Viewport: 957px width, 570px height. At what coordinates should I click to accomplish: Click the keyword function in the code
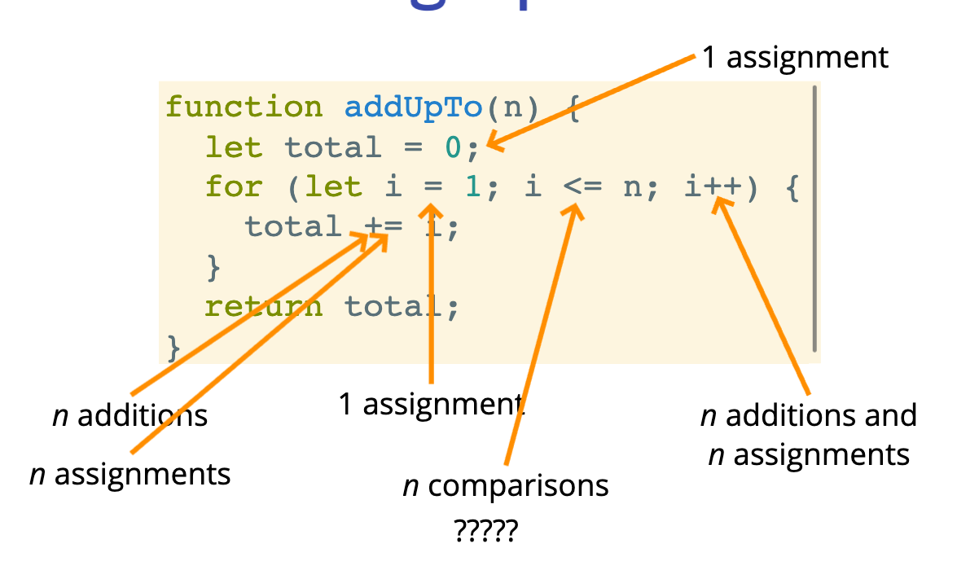pyautogui.click(x=244, y=108)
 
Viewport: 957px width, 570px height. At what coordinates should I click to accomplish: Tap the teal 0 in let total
pyautogui.click(x=453, y=147)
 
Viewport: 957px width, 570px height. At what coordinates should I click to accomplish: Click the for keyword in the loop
pyautogui.click(x=234, y=187)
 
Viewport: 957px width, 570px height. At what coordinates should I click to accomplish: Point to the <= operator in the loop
pyautogui.click(x=582, y=187)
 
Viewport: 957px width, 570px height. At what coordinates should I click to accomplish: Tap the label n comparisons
pyautogui.click(x=506, y=486)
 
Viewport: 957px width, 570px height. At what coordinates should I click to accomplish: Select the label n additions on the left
pyautogui.click(x=130, y=416)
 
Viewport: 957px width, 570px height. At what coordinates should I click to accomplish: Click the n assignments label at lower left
pyautogui.click(x=130, y=473)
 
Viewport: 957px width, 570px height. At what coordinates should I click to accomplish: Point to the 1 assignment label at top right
pyautogui.click(x=795, y=58)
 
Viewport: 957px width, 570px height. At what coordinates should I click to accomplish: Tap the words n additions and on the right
pyautogui.click(x=808, y=416)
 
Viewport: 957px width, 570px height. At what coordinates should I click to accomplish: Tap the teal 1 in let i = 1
pyautogui.click(x=472, y=187)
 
